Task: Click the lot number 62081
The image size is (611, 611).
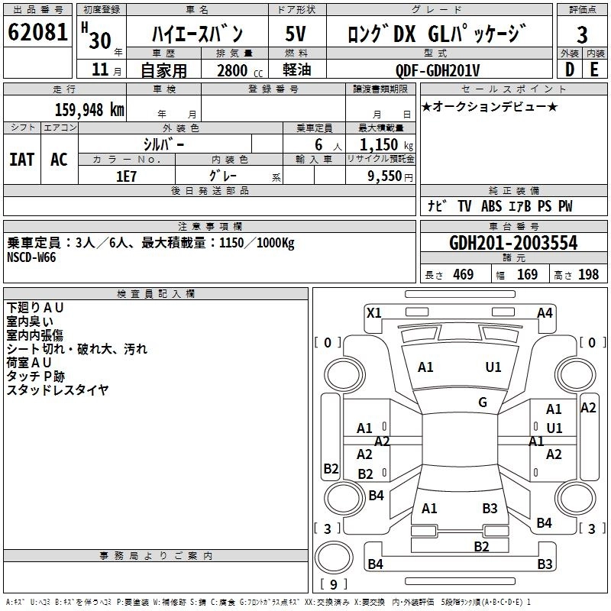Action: (37, 32)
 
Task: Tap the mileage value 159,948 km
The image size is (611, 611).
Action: (89, 110)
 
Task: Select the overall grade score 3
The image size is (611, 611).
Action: (582, 34)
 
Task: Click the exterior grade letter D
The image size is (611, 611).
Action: (570, 70)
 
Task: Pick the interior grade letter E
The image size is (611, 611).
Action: (594, 70)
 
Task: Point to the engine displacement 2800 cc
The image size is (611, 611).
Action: (240, 70)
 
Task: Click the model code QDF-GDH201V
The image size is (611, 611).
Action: (437, 70)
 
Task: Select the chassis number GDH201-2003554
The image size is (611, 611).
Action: (513, 243)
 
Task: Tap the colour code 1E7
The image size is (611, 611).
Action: (126, 176)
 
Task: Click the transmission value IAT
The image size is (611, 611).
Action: (22, 160)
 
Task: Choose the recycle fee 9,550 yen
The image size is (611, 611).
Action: (390, 176)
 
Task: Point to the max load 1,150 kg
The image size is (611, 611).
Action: (386, 145)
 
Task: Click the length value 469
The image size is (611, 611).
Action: (463, 275)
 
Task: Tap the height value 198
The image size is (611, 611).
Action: (588, 275)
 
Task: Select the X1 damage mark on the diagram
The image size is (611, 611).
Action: (374, 313)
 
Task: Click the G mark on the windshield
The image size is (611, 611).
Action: (483, 402)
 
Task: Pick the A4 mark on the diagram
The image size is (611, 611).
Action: (545, 313)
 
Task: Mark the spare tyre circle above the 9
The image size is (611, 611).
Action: (334, 557)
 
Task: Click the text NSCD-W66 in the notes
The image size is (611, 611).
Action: (31, 257)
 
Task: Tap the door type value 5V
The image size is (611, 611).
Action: (296, 34)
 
